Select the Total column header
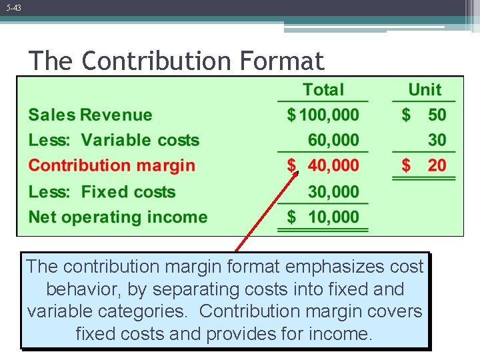[323, 90]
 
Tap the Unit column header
[425, 90]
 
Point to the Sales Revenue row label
[90, 115]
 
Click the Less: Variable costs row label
[114, 140]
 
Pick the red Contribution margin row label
[112, 165]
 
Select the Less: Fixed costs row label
[102, 192]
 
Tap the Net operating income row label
[118, 217]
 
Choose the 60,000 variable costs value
[333, 140]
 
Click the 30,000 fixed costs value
[333, 192]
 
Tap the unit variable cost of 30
[437, 140]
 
